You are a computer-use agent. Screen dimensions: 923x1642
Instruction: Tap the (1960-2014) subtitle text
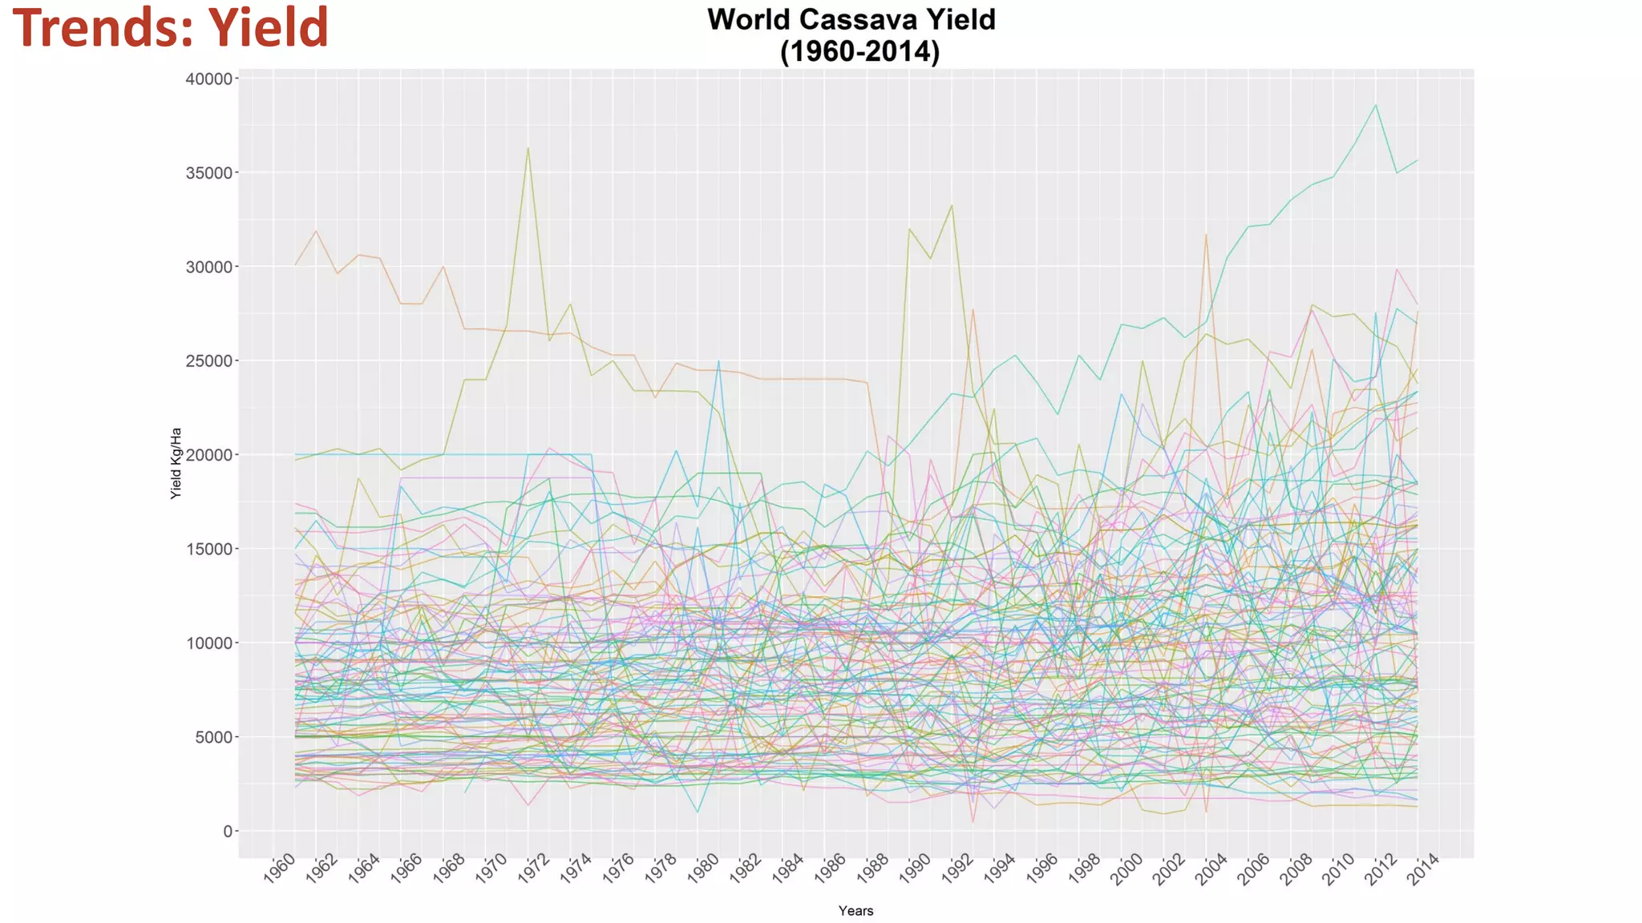point(859,51)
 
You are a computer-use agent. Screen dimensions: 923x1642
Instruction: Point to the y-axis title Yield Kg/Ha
point(176,463)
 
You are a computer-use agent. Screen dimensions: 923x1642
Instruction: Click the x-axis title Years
point(855,910)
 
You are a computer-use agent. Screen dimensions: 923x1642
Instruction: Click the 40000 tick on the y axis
point(208,79)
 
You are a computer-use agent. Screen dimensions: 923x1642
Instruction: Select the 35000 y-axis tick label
point(208,173)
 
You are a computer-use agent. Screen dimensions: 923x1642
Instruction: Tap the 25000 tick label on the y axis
point(208,361)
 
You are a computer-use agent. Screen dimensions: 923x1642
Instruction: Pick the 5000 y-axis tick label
point(212,737)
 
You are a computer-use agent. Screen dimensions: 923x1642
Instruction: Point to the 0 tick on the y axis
point(228,832)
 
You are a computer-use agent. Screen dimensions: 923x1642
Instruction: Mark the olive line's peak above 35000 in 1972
point(528,148)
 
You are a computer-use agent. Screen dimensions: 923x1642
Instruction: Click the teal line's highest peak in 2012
point(1376,105)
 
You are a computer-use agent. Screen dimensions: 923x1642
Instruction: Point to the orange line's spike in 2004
point(1206,235)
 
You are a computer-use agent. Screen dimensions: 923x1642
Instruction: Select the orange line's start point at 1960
point(296,264)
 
